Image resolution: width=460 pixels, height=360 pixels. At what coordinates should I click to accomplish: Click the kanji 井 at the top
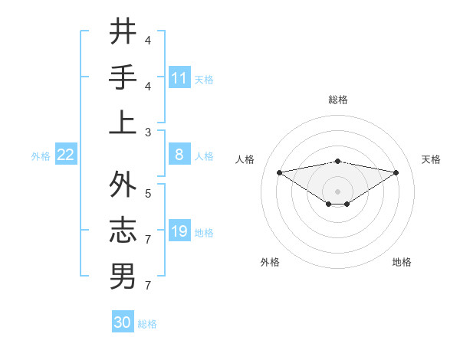coord(123,31)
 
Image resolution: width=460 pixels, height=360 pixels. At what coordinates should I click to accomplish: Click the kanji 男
coord(123,276)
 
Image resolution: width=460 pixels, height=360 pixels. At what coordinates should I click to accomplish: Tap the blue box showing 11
coord(179,77)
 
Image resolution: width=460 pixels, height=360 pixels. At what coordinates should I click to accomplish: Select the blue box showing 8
coord(179,155)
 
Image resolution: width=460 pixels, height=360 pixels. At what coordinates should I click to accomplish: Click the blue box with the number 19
coord(179,231)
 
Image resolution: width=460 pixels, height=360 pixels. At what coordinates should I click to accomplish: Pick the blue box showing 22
coord(65,155)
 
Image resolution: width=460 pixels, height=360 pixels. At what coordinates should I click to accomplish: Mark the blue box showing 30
coord(123,322)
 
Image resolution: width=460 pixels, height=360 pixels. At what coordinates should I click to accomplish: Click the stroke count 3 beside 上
coord(148,132)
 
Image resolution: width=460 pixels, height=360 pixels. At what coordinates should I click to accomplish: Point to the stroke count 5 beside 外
coord(148,194)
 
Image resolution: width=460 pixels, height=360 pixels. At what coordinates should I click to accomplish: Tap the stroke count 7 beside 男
coord(148,285)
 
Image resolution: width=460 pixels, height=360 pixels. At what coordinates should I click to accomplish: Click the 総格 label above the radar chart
coord(337,100)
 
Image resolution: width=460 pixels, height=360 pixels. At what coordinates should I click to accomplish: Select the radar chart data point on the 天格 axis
coord(396,172)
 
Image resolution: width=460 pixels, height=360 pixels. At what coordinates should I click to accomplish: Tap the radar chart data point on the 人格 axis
coord(279,172)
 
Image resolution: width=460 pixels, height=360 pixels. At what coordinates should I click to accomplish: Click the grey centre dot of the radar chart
coord(337,190)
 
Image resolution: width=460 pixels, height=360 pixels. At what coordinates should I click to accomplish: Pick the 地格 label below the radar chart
coord(402,262)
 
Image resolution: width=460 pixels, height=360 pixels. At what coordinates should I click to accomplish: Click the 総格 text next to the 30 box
coord(147,324)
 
